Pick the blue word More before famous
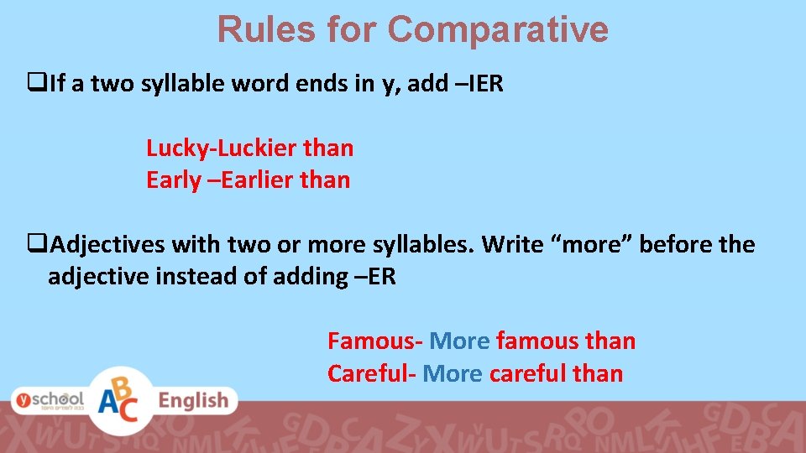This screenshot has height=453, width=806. pos(458,341)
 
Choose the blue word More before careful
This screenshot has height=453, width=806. pos(453,373)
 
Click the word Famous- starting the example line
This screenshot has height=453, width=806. pos(374,341)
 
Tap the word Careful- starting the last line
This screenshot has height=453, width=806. pos(372,373)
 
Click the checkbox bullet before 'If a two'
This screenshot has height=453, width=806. pos(36,84)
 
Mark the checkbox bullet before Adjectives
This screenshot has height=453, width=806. pos(36,245)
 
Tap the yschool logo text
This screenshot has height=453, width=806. pos(48,400)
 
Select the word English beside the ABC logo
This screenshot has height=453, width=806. pos(193,401)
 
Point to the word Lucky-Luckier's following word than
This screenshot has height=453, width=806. pos(328,148)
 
